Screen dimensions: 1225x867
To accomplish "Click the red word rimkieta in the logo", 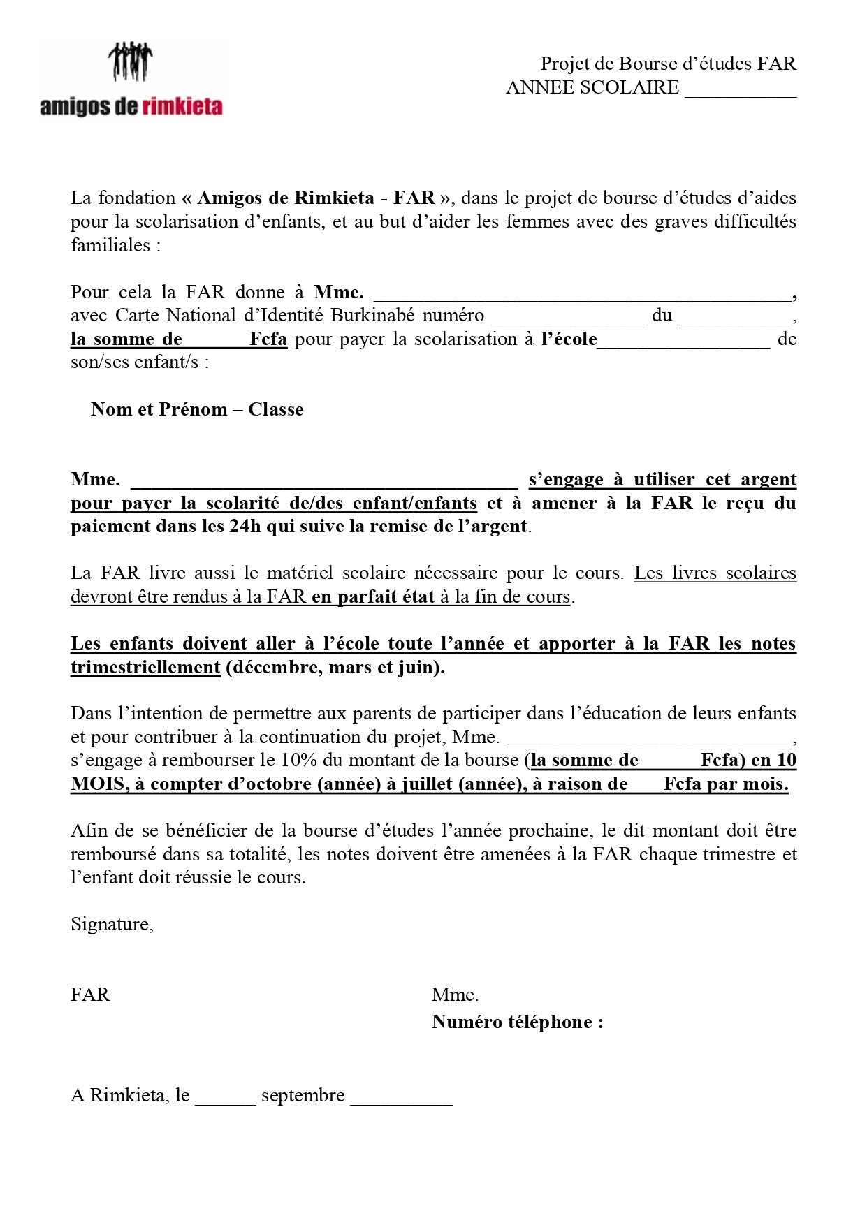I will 182,107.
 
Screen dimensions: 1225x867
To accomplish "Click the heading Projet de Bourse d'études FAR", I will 668,64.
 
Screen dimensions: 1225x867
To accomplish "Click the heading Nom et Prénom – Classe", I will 197,409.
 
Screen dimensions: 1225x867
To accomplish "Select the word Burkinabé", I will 372,316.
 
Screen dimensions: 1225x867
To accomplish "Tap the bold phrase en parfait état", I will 373,596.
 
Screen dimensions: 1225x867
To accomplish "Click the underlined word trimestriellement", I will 145,667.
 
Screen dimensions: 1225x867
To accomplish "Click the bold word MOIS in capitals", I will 98,784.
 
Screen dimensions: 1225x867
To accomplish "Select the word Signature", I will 110,924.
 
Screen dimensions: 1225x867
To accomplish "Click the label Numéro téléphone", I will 517,1022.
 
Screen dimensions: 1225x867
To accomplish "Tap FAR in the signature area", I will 90,994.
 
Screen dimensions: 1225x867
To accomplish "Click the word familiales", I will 111,245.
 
